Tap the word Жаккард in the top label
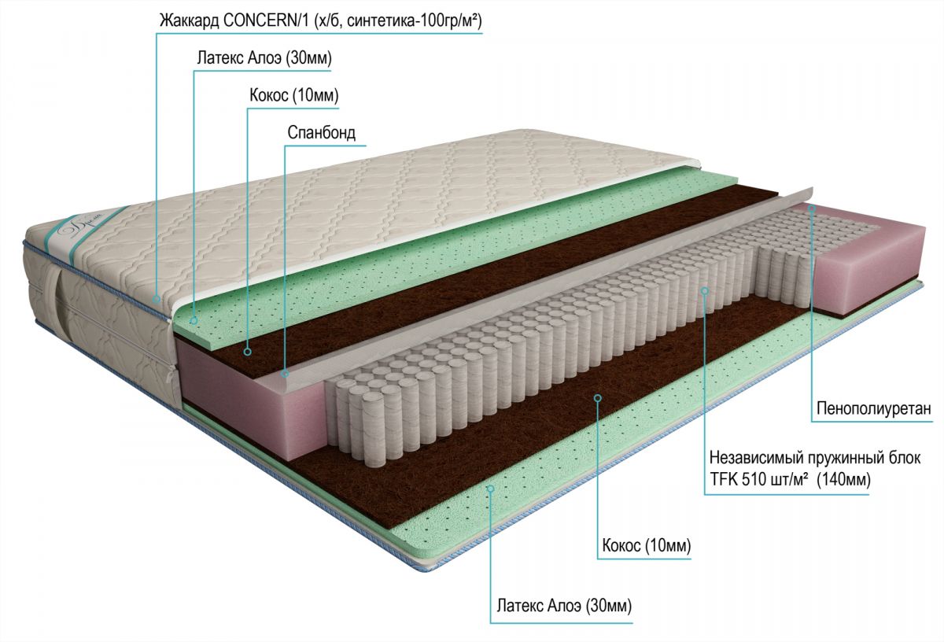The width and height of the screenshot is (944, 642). pos(190,21)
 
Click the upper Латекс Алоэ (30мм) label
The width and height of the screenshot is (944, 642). pos(264,58)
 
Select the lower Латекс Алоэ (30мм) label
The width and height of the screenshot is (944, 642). pos(564,606)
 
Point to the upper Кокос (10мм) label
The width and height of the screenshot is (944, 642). pos(293,95)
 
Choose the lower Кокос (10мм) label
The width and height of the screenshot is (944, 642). pos(647,546)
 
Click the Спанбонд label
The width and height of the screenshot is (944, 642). pos(322,133)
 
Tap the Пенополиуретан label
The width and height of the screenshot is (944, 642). pos(874,408)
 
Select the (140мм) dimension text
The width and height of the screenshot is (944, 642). pos(843,480)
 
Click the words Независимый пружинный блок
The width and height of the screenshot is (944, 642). pos(815,458)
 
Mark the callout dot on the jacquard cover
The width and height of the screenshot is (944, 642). pos(157,299)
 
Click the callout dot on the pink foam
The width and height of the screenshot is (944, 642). pos(812,208)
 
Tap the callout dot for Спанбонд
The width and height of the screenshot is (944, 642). pos(286,374)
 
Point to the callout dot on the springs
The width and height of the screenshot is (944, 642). pos(704,290)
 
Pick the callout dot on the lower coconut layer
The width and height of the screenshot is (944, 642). pos(597,397)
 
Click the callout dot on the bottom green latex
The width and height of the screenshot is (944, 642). pos(490,488)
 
